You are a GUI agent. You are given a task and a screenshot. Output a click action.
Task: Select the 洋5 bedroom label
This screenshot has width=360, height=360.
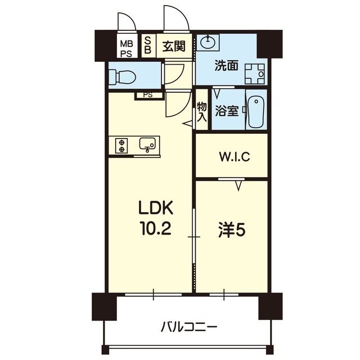pyautogui.click(x=231, y=231)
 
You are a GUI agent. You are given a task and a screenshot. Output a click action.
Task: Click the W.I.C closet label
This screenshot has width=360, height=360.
pyautogui.click(x=234, y=156)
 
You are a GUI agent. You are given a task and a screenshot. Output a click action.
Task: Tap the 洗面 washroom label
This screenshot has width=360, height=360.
pyautogui.click(x=226, y=66)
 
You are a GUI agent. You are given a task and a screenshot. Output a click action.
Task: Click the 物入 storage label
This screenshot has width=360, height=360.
pyautogui.click(x=202, y=111)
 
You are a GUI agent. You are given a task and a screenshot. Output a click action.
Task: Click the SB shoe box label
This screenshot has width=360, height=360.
pyautogui.click(x=148, y=45)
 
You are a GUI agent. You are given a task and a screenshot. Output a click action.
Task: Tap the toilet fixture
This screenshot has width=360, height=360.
pyautogui.click(x=119, y=75)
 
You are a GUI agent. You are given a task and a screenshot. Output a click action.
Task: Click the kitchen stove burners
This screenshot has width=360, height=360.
pyautogui.click(x=121, y=146)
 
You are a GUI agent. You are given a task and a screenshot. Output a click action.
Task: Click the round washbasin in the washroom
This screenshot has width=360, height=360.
pyautogui.click(x=209, y=40)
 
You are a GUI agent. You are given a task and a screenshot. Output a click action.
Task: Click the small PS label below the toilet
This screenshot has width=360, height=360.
pyautogui.click(x=147, y=94)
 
